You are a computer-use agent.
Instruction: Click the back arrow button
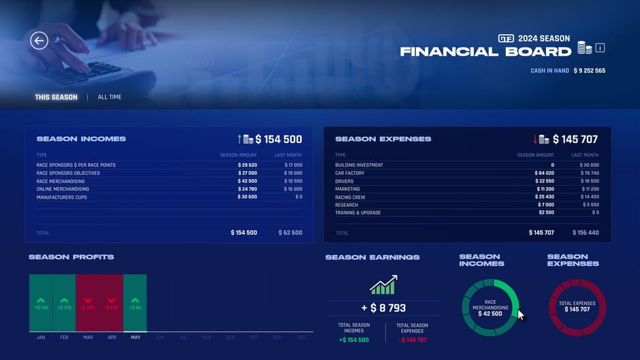pos(39,41)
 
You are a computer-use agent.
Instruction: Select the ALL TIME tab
pos(110,97)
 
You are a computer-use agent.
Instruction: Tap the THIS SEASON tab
pos(57,97)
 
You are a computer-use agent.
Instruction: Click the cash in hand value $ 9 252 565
pos(589,71)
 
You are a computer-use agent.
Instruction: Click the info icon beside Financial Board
pos(600,48)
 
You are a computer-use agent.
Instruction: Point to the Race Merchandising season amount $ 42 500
pos(247,182)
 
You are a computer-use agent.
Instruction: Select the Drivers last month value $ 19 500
pos(589,182)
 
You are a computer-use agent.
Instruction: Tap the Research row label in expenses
pos(347,205)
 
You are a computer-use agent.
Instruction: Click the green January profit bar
pos(41,303)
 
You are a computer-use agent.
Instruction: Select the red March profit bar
pos(88,303)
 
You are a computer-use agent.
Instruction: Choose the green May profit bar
pos(135,303)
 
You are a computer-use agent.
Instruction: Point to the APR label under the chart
pos(112,338)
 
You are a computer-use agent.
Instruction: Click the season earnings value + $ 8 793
pos(383,308)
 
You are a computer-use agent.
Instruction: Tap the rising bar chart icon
pos(383,284)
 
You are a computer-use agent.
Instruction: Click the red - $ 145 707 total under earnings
pos(412,340)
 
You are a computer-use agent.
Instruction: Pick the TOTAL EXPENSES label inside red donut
pos(577,304)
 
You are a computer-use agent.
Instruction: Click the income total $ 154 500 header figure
pos(278,140)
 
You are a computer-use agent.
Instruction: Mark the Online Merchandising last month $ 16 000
pos(293,189)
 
